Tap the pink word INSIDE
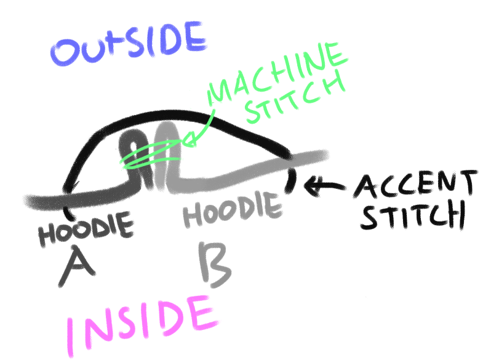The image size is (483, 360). pos(138,323)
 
